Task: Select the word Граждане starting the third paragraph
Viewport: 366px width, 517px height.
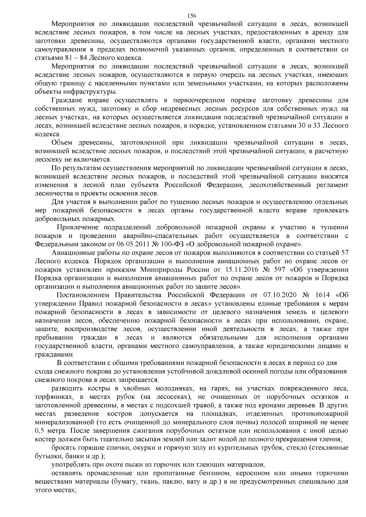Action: click(x=66, y=100)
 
